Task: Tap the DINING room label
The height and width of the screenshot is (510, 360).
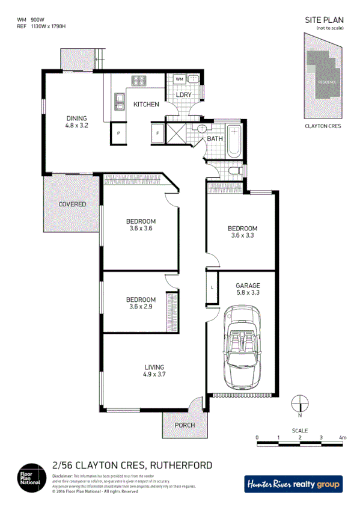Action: (x=76, y=122)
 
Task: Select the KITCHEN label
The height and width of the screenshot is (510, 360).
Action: (x=146, y=105)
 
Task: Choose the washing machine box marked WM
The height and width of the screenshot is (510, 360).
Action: (x=180, y=79)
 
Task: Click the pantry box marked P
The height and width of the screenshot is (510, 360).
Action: (x=118, y=132)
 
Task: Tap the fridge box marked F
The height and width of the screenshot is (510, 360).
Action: (x=157, y=132)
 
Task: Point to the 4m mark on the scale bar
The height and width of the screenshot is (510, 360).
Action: (x=343, y=438)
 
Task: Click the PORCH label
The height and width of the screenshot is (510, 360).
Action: (x=185, y=425)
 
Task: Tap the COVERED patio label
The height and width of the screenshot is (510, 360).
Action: (x=72, y=204)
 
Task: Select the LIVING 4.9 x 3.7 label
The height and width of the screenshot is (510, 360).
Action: (x=154, y=370)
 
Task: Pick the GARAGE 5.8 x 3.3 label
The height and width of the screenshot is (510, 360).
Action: (x=247, y=289)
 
